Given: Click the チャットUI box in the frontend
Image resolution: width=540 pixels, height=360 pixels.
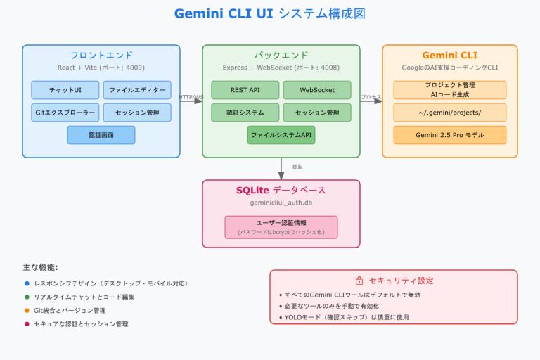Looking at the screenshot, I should pos(65,90).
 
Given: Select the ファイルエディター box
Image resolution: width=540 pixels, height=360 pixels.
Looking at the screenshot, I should pos(137,90).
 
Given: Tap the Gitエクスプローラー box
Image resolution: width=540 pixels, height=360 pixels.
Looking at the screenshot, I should pos(65,112).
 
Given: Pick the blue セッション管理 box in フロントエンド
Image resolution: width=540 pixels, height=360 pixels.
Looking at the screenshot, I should pos(137,112).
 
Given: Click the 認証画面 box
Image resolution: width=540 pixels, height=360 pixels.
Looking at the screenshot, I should pos(101,135).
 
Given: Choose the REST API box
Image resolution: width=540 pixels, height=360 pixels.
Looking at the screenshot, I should pos(245,90).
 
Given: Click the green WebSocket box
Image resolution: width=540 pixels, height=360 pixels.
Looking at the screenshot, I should pos(317,90).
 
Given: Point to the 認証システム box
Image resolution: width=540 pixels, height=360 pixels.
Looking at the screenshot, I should pos(245,112).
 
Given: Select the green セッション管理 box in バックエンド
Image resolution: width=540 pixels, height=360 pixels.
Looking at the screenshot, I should pos(317,112).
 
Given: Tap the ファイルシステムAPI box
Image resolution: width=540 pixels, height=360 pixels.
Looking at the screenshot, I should pos(281,135).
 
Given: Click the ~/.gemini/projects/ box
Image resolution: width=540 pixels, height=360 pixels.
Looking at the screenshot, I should pos(449,112).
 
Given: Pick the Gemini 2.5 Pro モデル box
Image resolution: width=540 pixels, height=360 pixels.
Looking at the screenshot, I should pos(449,135).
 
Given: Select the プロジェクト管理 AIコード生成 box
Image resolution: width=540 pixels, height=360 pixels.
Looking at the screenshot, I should pos(449,89).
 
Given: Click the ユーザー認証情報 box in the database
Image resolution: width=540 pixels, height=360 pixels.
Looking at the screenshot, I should pos(281,227).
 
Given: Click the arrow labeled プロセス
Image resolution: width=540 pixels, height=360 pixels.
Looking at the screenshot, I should pos(371,101).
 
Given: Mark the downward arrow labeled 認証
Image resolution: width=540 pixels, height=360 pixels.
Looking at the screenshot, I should pos(281,167).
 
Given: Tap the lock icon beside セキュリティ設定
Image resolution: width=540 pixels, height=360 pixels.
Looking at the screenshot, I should pos(359,281).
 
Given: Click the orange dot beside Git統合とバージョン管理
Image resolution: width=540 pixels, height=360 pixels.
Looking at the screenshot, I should pos(27,310).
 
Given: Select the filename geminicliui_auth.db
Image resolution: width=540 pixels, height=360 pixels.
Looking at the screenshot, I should pos(281,202).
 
